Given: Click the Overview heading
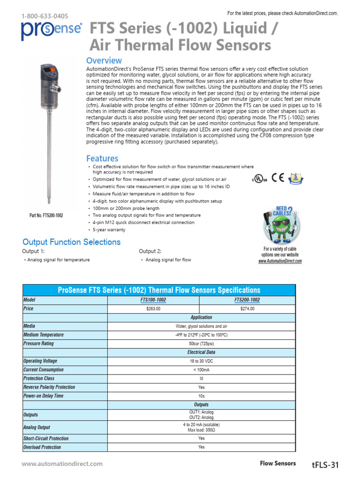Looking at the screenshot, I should coord(104,60).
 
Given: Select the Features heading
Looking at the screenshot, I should coord(102,158).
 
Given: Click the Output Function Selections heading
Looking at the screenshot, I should coord(71,242).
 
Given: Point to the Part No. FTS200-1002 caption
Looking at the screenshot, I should coord(46,215).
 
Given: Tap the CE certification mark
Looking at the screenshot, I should coord(278,178).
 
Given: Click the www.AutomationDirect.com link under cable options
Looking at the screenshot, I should coord(280,261).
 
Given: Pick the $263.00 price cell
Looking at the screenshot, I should coord(153,309).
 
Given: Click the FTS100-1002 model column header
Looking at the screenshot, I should coord(153,300).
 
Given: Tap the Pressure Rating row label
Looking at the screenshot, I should coord(38,344).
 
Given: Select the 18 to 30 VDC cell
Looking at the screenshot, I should coord(201,361).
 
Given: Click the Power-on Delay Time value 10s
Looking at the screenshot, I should coord(201,396).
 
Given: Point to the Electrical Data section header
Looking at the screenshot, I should coord(201,352).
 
